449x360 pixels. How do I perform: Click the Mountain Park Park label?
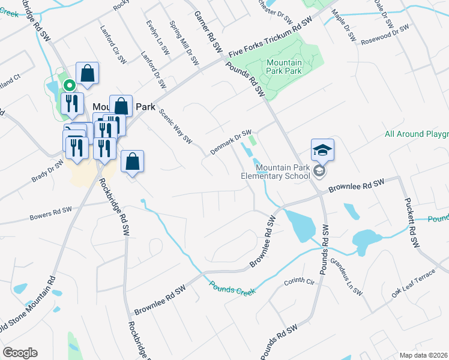[284, 67]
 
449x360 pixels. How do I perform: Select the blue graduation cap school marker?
[322, 150]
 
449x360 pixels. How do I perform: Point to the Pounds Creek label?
[232, 287]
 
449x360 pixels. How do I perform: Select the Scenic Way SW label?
[175, 127]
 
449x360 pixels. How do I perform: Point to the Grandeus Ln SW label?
[346, 277]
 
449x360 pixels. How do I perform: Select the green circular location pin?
[68, 86]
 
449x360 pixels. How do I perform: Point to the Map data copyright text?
[423, 355]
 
